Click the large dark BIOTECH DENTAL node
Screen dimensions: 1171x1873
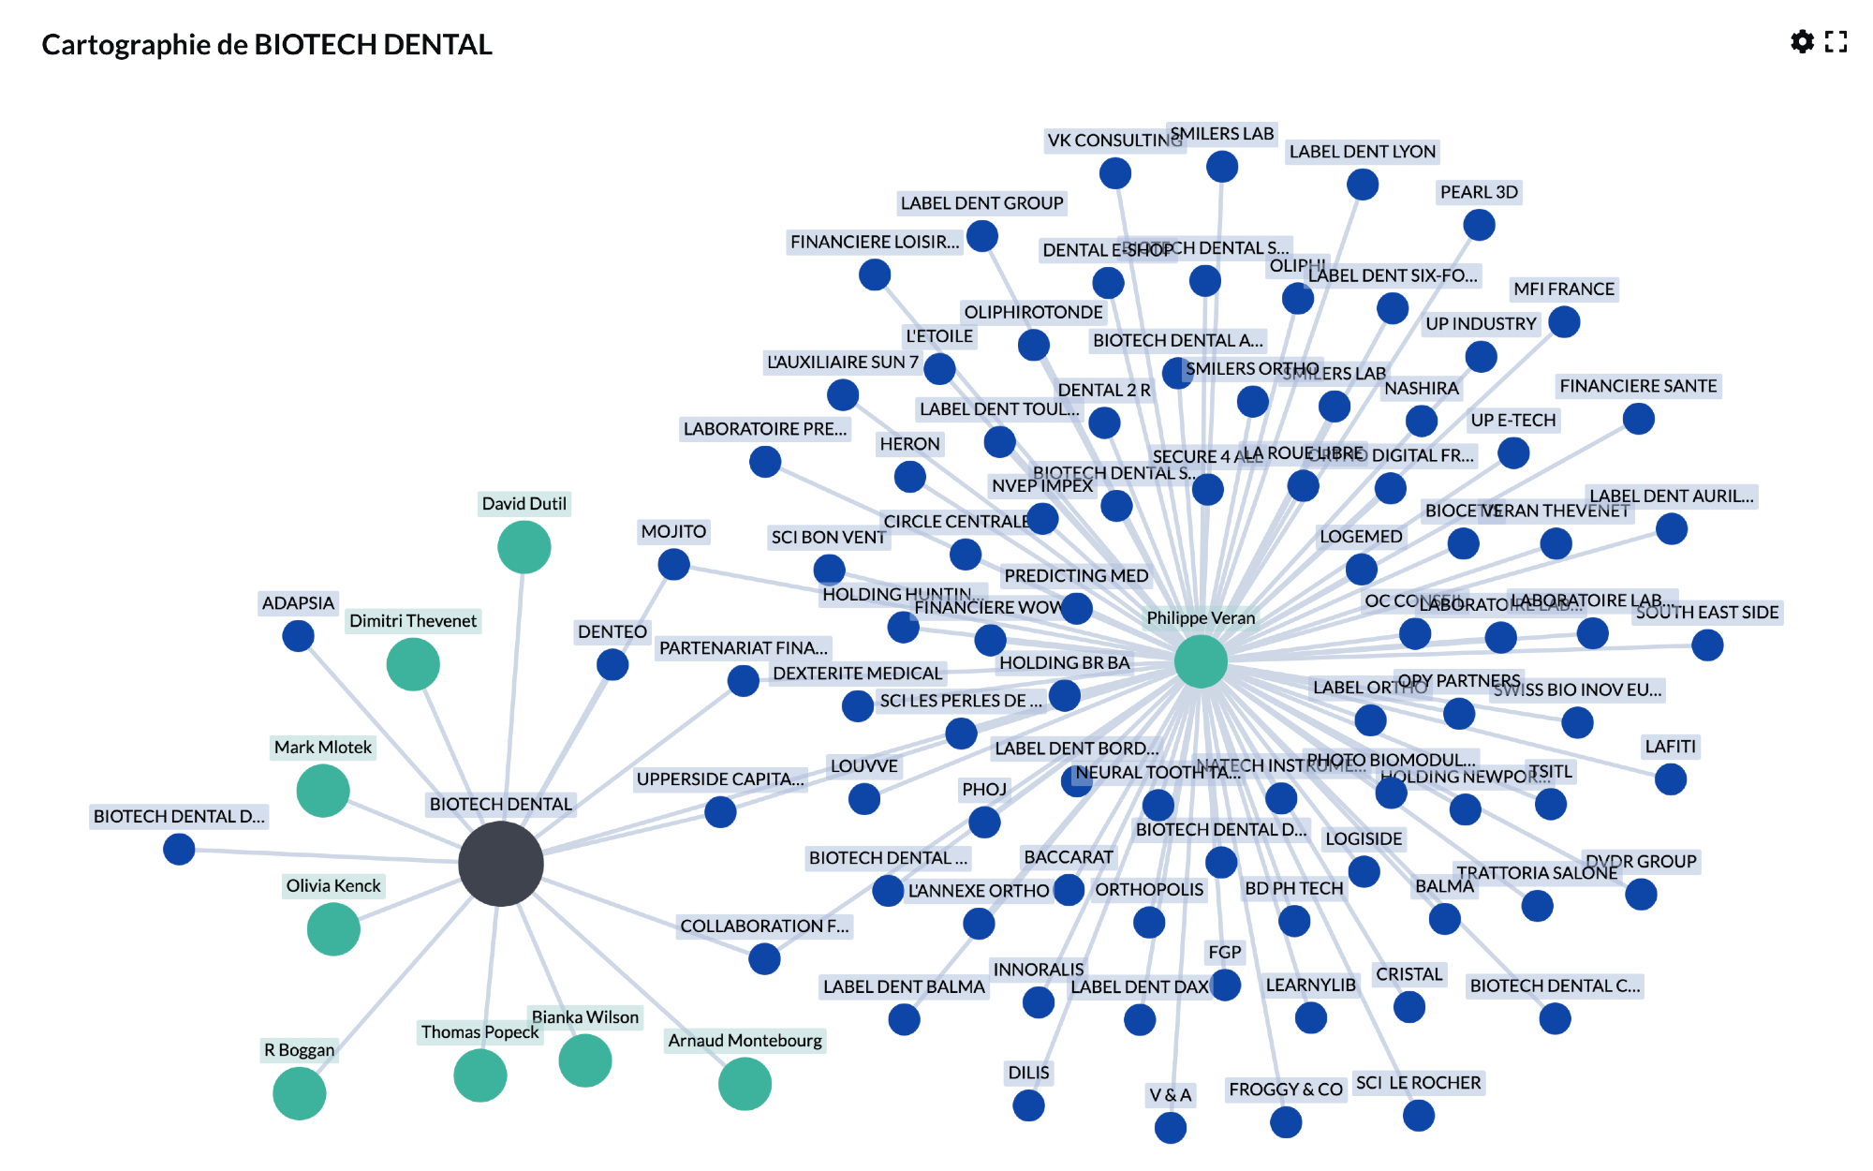pyautogui.click(x=501, y=864)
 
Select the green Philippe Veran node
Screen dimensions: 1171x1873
pyautogui.click(x=1201, y=661)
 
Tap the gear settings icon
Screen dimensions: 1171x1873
pyautogui.click(x=1802, y=42)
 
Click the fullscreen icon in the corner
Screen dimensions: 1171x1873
pyautogui.click(x=1836, y=42)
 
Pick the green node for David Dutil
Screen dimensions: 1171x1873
pyautogui.click(x=524, y=547)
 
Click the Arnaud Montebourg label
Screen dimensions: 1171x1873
pyautogui.click(x=745, y=1041)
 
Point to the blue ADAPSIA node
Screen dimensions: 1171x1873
pyautogui.click(x=298, y=636)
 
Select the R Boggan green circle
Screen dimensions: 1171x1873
pyautogui.click(x=300, y=1093)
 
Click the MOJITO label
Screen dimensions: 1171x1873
pyautogui.click(x=673, y=532)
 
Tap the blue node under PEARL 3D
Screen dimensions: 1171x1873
pyautogui.click(x=1479, y=225)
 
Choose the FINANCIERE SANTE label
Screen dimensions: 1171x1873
pyautogui.click(x=1638, y=386)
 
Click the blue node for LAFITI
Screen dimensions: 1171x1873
pyautogui.click(x=1671, y=778)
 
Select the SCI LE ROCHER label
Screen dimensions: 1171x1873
pyautogui.click(x=1418, y=1083)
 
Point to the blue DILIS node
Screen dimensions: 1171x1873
pyautogui.click(x=1028, y=1105)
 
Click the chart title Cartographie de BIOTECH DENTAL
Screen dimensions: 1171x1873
pyautogui.click(x=267, y=45)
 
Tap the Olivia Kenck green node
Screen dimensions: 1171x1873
pyautogui.click(x=333, y=929)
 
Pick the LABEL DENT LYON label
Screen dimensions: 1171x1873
pyautogui.click(x=1362, y=152)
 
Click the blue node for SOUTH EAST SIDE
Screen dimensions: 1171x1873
pyautogui.click(x=1707, y=645)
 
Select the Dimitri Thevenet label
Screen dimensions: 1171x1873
pyautogui.click(x=413, y=621)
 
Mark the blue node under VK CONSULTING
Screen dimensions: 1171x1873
pyautogui.click(x=1114, y=173)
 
